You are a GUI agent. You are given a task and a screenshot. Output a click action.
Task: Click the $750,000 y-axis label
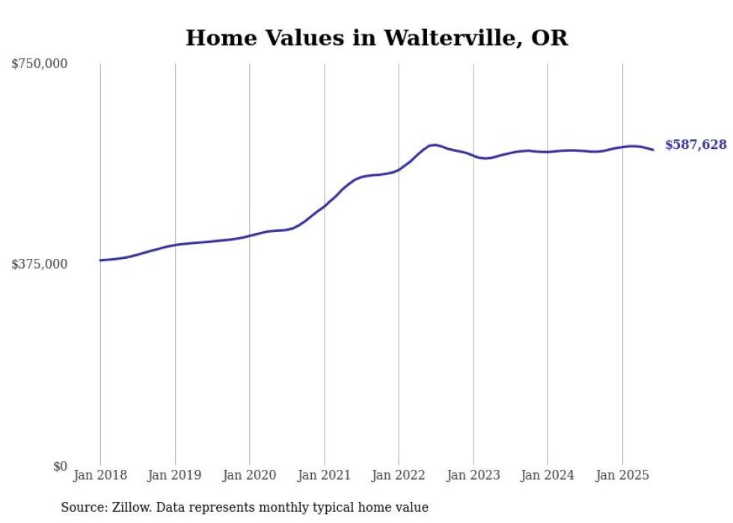point(40,64)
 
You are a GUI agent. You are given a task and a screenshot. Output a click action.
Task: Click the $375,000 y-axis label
point(40,264)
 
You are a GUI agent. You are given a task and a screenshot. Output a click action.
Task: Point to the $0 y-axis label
point(60,466)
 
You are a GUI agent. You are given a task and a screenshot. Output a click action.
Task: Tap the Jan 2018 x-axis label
point(100,475)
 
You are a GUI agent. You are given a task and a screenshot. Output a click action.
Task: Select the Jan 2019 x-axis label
point(174,475)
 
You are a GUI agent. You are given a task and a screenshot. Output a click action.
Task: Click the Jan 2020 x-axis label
point(249,475)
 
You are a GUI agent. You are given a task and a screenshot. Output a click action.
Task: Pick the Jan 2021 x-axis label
point(324,475)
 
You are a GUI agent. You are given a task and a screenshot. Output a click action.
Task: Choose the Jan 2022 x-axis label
point(398,475)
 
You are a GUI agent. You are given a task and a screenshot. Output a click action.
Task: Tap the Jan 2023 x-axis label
point(473,475)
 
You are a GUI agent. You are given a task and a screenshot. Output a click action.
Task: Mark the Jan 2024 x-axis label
point(548,475)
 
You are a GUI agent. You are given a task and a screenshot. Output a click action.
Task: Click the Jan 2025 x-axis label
point(622,475)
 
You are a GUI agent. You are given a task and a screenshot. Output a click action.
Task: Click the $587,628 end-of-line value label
point(696,145)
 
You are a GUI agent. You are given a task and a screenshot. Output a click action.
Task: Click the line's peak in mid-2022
point(434,144)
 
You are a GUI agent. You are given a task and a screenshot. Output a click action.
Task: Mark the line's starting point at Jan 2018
point(100,260)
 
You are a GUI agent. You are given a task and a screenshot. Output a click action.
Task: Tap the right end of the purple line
point(653,150)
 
